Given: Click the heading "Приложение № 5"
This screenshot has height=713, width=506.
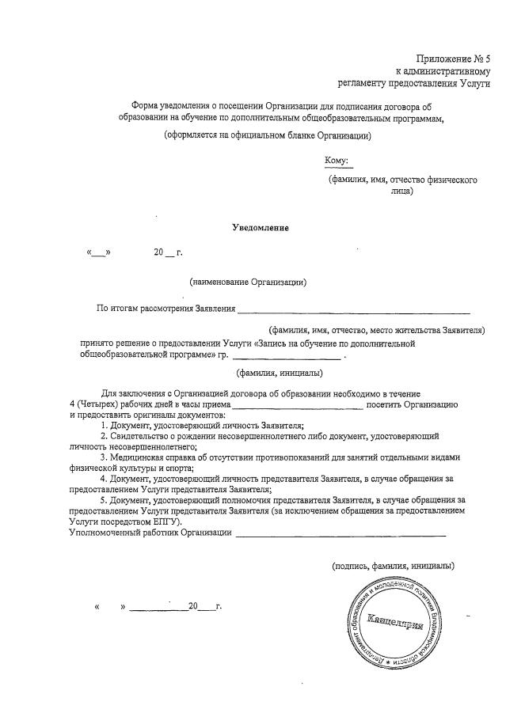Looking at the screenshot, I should click(x=454, y=59).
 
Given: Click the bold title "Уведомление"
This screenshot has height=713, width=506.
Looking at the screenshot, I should click(x=261, y=228).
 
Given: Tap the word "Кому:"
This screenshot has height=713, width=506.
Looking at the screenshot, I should click(x=337, y=161).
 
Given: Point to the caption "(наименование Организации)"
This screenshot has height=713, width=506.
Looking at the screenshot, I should click(x=248, y=281).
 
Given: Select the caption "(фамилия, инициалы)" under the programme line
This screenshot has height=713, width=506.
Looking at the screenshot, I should click(x=280, y=373).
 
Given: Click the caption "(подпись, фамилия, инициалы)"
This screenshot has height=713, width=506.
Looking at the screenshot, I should click(x=393, y=567).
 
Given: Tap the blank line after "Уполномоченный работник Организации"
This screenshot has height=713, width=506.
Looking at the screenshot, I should click(x=341, y=534).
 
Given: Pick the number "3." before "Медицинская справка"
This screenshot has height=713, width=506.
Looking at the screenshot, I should click(x=104, y=457).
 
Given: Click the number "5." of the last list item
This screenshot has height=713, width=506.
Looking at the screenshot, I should click(x=104, y=501).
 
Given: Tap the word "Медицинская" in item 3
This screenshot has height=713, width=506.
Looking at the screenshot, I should click(x=138, y=457).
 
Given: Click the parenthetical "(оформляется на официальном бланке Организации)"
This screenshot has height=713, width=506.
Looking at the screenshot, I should click(x=268, y=135).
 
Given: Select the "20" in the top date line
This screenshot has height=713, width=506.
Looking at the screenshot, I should click(x=158, y=252).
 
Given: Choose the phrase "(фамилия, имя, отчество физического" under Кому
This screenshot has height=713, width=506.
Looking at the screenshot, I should click(x=402, y=180).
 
